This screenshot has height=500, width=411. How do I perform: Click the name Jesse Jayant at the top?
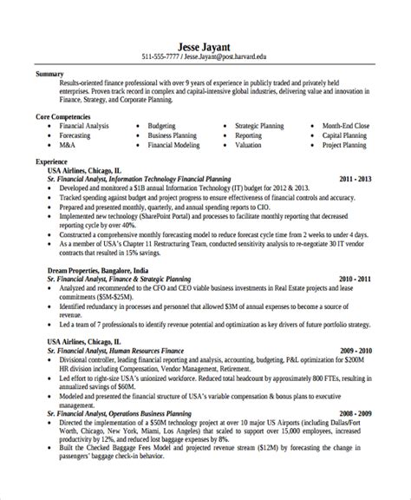pyautogui.click(x=205, y=45)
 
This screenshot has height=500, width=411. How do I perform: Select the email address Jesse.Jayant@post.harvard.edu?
pyautogui.click(x=232, y=57)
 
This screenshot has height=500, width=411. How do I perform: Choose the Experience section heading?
pyautogui.click(x=52, y=162)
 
